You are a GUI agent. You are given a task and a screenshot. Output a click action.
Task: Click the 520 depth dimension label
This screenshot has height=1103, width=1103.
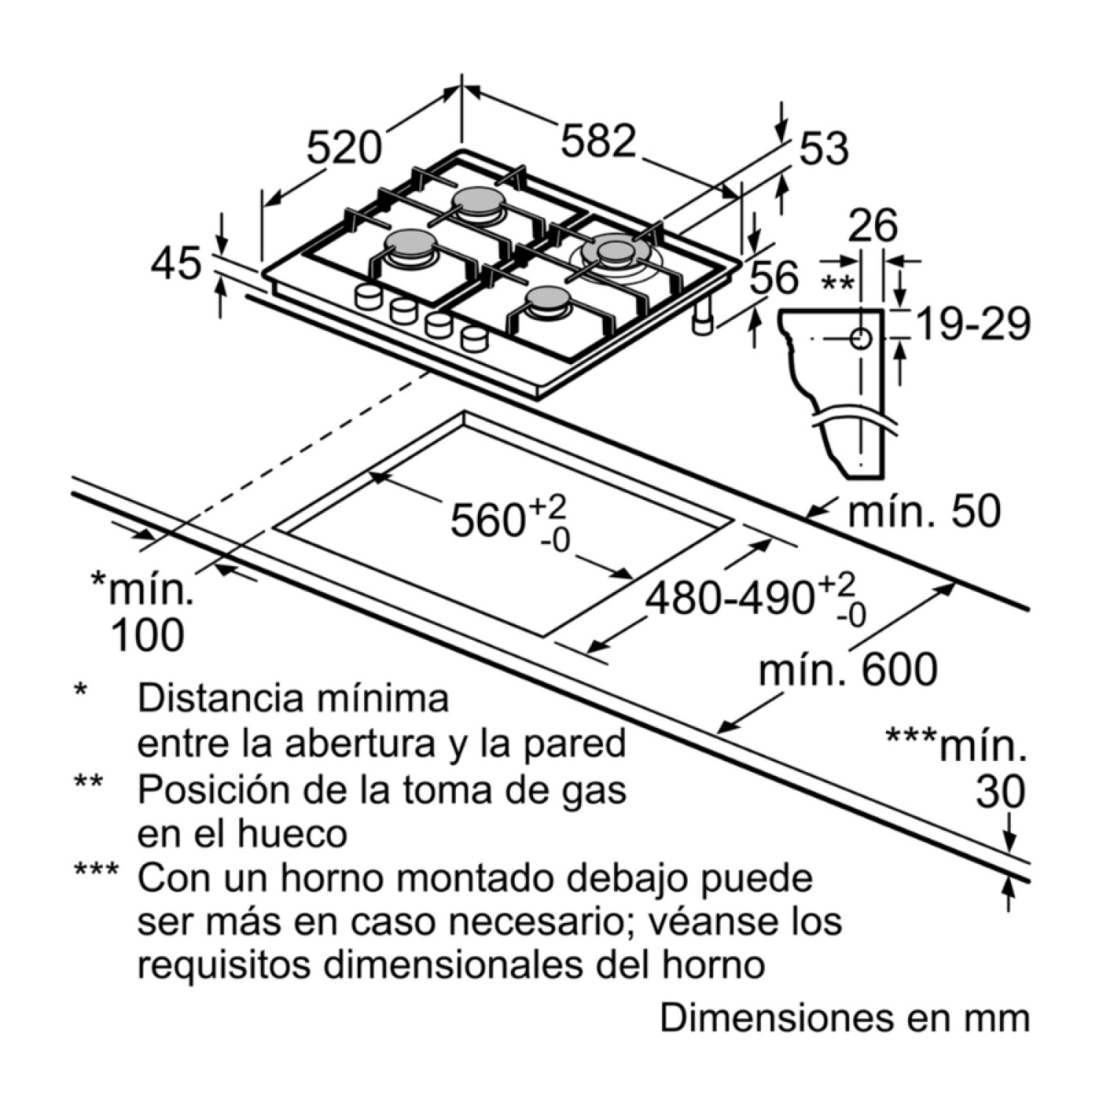click(x=344, y=147)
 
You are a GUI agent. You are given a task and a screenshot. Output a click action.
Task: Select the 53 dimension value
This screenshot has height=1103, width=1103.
click(x=824, y=149)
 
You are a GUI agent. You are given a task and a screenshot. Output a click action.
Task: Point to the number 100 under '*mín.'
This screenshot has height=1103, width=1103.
click(x=146, y=636)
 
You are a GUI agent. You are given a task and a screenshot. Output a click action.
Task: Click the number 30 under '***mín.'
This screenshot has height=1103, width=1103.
click(x=1000, y=792)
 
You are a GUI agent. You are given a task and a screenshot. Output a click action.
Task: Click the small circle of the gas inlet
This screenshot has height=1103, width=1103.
click(x=860, y=339)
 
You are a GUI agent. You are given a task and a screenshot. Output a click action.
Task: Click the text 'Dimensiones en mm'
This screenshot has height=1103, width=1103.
click(x=845, y=1018)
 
